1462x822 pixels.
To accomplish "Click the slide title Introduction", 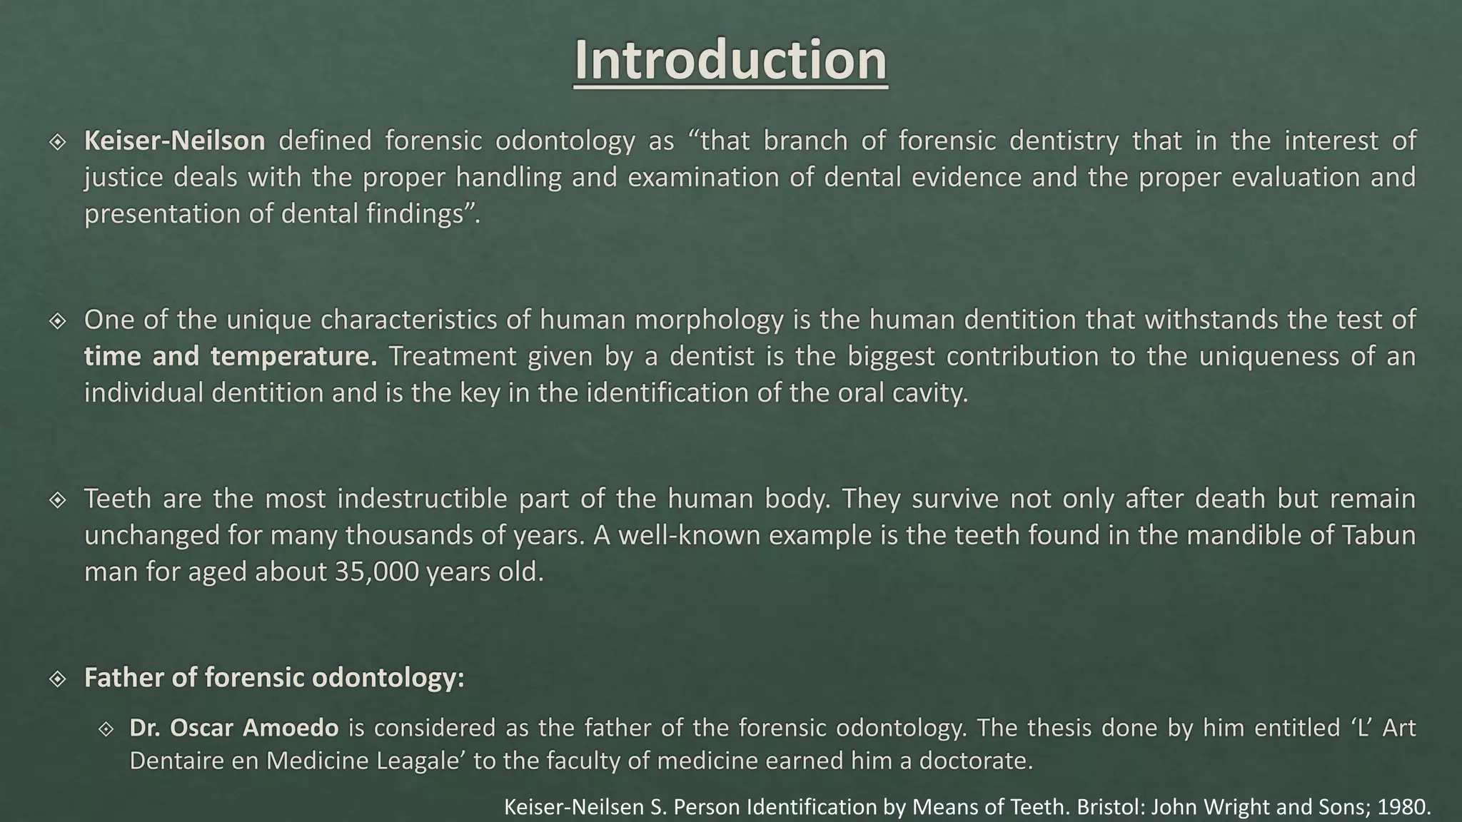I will [x=730, y=60].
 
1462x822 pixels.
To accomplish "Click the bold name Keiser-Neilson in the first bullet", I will [x=174, y=141].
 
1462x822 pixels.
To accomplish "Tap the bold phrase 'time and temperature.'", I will [x=230, y=356].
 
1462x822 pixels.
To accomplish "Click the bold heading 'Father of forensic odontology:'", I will [x=274, y=678].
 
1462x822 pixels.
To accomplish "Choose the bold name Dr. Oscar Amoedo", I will [x=233, y=728].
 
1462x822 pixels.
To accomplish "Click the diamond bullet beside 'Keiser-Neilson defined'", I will [x=57, y=142].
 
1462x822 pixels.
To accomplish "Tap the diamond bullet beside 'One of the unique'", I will [x=57, y=321].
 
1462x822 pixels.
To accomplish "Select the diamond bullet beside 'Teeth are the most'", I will [x=57, y=499].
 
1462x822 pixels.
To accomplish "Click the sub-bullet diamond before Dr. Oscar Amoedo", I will [x=106, y=729].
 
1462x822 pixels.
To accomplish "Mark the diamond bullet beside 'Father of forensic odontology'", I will [x=57, y=679].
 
